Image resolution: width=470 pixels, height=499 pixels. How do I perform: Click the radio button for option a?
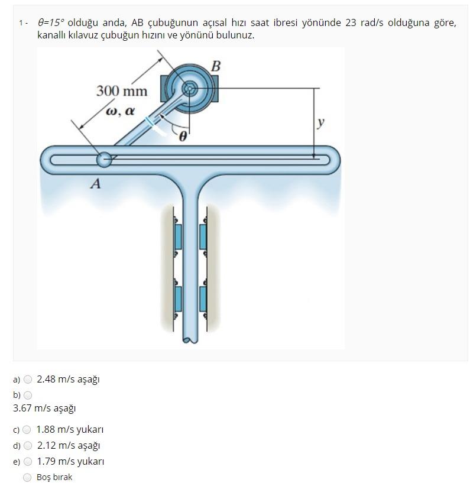[x=27, y=380]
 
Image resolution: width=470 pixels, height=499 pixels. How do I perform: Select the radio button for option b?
[x=27, y=395]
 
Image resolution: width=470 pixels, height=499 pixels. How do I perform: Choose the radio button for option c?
[x=27, y=430]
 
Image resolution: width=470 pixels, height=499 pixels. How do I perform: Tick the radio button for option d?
[x=27, y=446]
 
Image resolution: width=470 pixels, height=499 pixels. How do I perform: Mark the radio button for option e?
[x=27, y=462]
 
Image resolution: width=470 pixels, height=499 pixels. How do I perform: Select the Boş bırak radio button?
[x=27, y=477]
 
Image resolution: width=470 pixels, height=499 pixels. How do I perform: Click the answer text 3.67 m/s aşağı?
[x=44, y=408]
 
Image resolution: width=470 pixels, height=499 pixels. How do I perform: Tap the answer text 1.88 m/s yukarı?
[x=70, y=430]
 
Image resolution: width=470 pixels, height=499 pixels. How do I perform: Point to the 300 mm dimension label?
[x=122, y=91]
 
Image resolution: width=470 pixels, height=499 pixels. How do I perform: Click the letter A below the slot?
[x=95, y=184]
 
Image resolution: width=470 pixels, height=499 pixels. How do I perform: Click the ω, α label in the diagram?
[x=120, y=111]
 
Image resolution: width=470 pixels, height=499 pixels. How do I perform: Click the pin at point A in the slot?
[x=104, y=159]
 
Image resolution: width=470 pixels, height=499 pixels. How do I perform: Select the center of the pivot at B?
[x=189, y=89]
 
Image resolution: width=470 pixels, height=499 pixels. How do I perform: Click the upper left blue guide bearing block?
[x=179, y=236]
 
